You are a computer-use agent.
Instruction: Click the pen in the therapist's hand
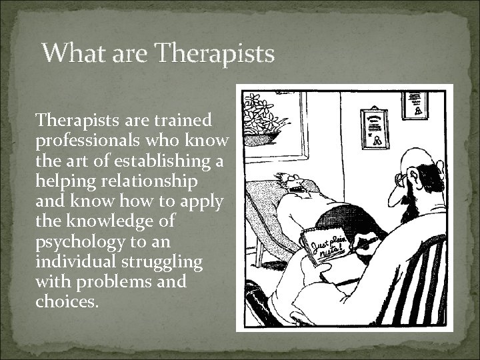360,247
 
